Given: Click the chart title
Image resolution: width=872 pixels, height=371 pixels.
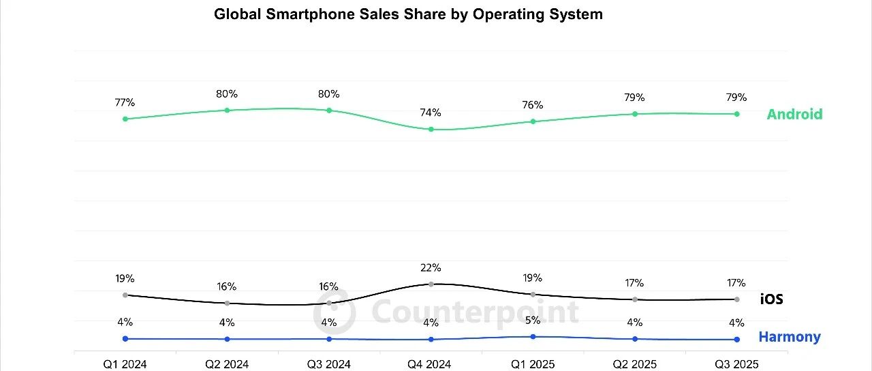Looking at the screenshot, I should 408,14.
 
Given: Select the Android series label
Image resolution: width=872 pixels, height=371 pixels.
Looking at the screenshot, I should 794,114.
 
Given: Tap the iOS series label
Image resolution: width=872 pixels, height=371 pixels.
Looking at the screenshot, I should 772,299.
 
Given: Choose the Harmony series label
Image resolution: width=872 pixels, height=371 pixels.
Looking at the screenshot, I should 790,337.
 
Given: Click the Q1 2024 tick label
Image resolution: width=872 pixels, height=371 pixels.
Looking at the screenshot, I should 125,364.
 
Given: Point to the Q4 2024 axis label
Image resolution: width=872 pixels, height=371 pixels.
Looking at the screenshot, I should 431,364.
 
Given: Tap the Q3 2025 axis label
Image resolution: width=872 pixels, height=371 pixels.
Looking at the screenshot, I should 736,364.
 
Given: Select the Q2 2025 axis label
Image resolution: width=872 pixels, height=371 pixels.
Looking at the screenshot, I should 635,364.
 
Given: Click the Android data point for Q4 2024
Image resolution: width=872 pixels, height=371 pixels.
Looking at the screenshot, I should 431,129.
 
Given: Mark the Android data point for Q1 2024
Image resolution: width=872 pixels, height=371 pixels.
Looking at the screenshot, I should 125,119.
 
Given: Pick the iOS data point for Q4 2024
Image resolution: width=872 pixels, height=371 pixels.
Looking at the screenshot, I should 431,284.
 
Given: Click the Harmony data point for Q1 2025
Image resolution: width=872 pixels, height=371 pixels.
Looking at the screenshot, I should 533,336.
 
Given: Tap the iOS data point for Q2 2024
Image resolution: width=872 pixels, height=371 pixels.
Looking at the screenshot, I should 227,303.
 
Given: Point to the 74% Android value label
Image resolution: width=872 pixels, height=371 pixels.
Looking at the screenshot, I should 431,113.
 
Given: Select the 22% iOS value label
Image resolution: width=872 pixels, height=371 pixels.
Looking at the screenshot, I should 431,267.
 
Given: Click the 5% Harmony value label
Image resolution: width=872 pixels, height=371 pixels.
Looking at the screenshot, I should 533,320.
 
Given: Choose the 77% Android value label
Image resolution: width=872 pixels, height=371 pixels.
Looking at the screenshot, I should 125,103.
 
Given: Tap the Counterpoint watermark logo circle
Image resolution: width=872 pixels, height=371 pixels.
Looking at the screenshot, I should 334,312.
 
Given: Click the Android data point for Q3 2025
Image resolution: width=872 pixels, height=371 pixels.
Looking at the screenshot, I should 736,114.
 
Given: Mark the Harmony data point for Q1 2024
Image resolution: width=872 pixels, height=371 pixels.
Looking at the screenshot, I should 125,338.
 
